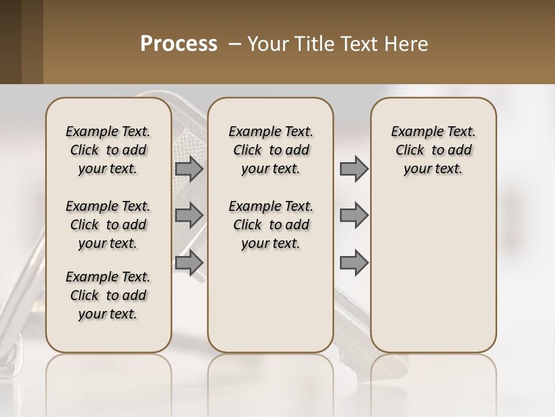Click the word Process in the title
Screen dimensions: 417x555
click(x=179, y=44)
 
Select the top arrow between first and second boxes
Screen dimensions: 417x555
click(x=189, y=169)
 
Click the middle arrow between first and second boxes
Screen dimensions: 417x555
click(x=189, y=215)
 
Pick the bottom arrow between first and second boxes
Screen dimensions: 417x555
click(x=189, y=262)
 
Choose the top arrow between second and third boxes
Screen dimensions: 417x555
click(x=354, y=169)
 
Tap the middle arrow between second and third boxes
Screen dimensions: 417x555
click(x=354, y=215)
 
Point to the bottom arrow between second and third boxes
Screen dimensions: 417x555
click(x=354, y=262)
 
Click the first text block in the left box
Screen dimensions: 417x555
click(x=108, y=150)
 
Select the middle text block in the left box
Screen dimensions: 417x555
click(x=108, y=225)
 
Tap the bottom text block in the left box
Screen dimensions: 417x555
click(x=108, y=295)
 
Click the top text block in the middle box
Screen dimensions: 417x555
click(x=271, y=150)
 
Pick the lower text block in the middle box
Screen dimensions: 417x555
click(x=271, y=225)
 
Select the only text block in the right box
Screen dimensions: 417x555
click(x=433, y=150)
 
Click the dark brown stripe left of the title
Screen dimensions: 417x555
click(x=21, y=42)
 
